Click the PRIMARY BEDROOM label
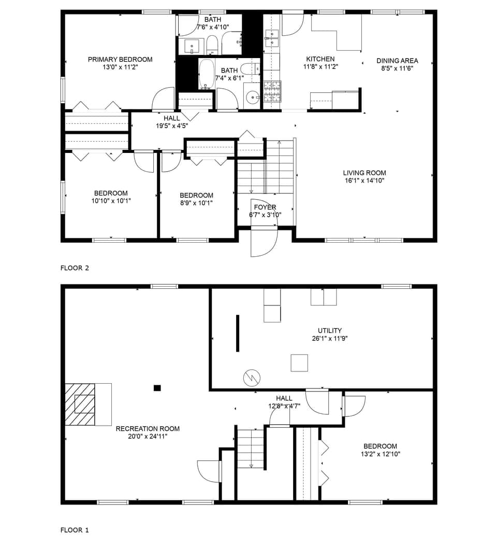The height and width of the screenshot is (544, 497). tap(120, 60)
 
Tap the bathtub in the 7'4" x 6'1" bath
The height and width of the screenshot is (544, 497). tap(207, 75)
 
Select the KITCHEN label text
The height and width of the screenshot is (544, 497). tap(320, 59)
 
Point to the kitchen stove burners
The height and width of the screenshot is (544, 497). tap(272, 92)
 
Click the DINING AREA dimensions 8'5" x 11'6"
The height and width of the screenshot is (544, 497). tap(397, 68)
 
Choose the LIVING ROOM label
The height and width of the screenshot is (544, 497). tap(364, 173)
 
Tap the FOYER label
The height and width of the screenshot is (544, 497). tap(265, 207)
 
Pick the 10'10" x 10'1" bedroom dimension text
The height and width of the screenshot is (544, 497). tap(111, 201)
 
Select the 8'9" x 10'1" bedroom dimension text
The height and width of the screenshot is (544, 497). tap(196, 203)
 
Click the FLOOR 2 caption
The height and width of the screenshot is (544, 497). tap(75, 268)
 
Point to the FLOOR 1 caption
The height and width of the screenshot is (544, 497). tap(75, 530)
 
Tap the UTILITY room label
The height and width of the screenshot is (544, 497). tap(330, 331)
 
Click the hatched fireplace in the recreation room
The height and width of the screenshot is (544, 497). tap(81, 404)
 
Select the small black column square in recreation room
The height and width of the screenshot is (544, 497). tap(157, 387)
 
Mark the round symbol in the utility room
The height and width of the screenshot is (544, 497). tap(252, 378)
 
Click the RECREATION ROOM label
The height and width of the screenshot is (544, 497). tap(148, 429)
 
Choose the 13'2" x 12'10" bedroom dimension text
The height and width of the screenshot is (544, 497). tap(381, 454)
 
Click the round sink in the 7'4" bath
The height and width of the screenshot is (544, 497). tap(252, 97)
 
